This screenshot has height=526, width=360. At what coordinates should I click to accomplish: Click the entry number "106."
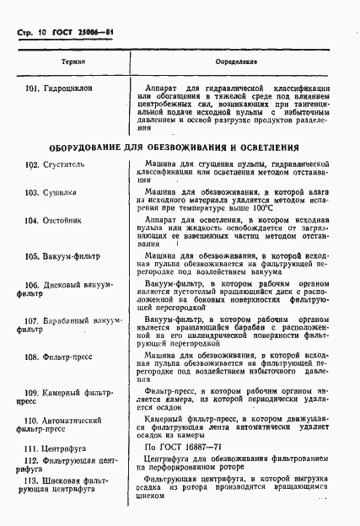[x=33, y=286]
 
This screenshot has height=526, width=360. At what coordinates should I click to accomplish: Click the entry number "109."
[x=33, y=393]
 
